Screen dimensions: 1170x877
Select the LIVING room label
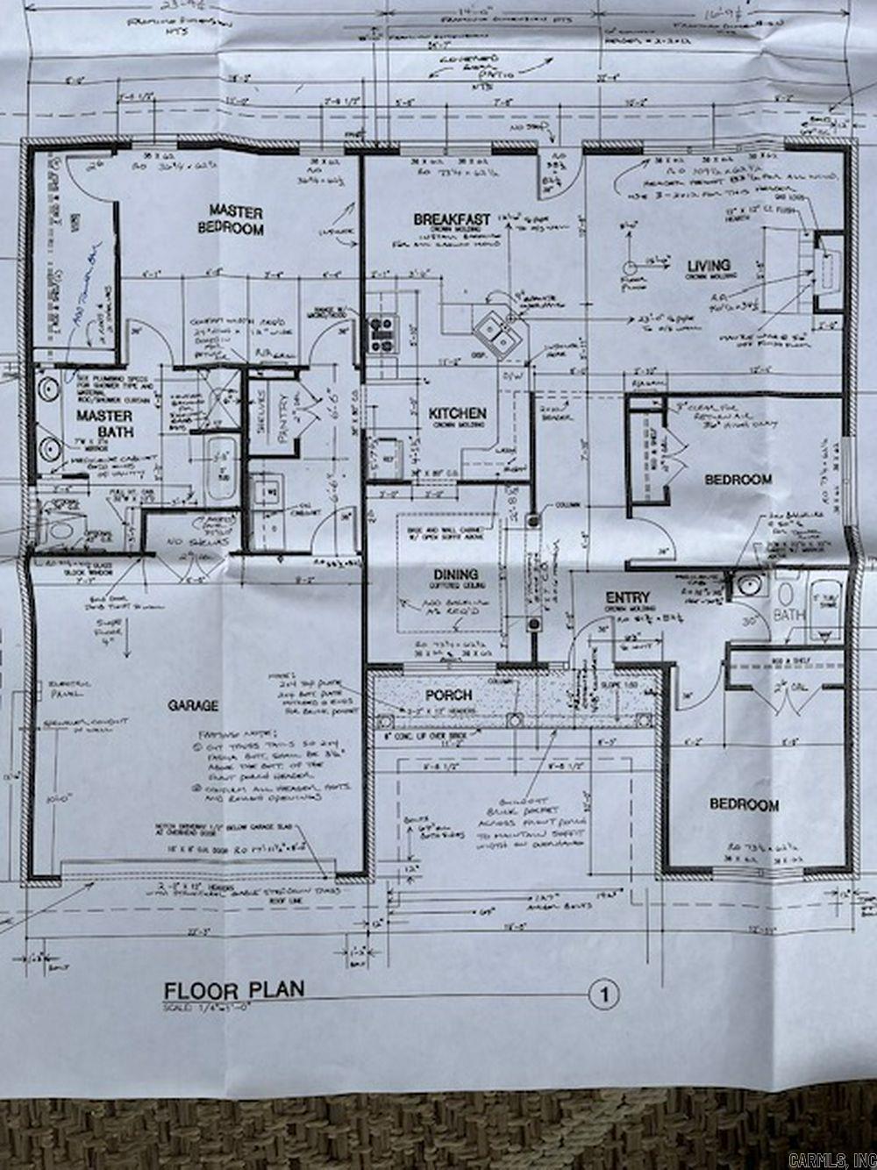pyautogui.click(x=709, y=266)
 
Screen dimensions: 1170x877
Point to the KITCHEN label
pyautogui.click(x=457, y=412)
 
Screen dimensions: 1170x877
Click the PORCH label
pyautogui.click(x=449, y=695)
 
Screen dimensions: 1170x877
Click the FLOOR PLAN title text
pyautogui.click(x=234, y=990)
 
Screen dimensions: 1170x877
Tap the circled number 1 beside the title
pyautogui.click(x=604, y=995)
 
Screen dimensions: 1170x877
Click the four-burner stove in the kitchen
pyautogui.click(x=383, y=333)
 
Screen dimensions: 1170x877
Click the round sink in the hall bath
pyautogui.click(x=747, y=585)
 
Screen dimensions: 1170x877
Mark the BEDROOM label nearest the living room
pyautogui.click(x=739, y=479)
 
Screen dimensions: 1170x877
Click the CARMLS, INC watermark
pyautogui.click(x=831, y=1160)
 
